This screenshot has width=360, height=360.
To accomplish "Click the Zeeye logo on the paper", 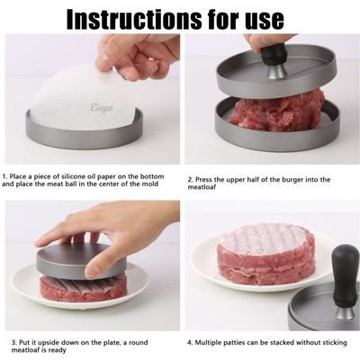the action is pos(101,107).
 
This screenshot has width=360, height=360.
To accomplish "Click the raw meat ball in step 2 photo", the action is pos(277,111).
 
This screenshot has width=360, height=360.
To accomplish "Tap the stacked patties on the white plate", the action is pos(265,254).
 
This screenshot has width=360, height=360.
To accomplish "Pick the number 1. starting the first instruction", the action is pos(4,176).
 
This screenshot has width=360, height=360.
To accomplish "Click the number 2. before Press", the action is pos(191,180).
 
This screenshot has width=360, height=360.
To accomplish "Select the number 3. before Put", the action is pos(14,342).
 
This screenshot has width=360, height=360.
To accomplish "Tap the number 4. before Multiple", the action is pos(190,342).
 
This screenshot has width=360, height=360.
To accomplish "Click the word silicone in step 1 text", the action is pos(74,176).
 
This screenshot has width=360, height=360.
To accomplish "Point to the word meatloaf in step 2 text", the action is pos(202,187).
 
